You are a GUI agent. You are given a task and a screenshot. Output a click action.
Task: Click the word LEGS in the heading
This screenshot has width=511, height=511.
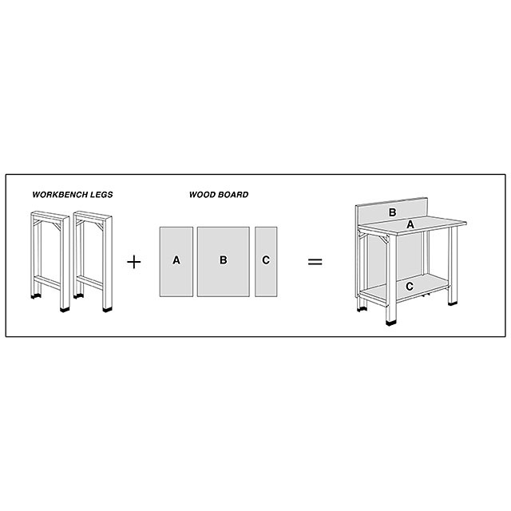click(x=102, y=195)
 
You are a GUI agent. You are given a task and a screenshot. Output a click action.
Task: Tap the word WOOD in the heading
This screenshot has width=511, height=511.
click(x=200, y=195)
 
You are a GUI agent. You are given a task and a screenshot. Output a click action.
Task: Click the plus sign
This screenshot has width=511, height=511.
click(x=134, y=262)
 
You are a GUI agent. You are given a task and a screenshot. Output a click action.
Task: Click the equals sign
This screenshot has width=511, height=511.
click(x=315, y=262)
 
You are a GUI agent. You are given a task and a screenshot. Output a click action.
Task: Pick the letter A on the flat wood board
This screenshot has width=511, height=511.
click(x=176, y=260)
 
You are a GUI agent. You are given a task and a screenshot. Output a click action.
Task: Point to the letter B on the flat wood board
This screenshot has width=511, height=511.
click(x=224, y=260)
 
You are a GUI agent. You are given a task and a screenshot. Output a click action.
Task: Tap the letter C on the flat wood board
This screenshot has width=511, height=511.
click(x=266, y=260)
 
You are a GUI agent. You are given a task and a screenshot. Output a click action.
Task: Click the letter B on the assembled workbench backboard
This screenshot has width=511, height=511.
click(x=392, y=212)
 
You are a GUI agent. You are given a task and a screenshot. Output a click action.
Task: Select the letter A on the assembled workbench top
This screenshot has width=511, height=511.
click(x=410, y=224)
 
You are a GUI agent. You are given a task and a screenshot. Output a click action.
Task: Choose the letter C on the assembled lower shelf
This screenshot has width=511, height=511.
click(x=410, y=287)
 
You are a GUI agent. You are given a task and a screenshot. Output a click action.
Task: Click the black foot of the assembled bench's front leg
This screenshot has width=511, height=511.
click(x=390, y=323)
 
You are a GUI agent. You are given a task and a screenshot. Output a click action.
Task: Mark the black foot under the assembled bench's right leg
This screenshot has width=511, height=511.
click(x=453, y=303)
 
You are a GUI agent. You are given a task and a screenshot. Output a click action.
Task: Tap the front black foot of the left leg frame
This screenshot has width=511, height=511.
click(x=65, y=309)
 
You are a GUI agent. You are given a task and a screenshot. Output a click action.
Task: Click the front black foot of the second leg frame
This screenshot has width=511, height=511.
click(x=107, y=309)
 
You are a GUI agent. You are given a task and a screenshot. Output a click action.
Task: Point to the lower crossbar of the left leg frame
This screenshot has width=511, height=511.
click(x=47, y=282)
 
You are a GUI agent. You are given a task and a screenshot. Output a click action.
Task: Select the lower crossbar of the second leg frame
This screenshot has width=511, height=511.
click(x=89, y=282)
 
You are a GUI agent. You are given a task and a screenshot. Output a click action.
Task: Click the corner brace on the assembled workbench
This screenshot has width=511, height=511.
click(x=385, y=240)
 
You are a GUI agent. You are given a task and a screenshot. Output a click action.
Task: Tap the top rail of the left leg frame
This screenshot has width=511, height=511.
click(x=50, y=216)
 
